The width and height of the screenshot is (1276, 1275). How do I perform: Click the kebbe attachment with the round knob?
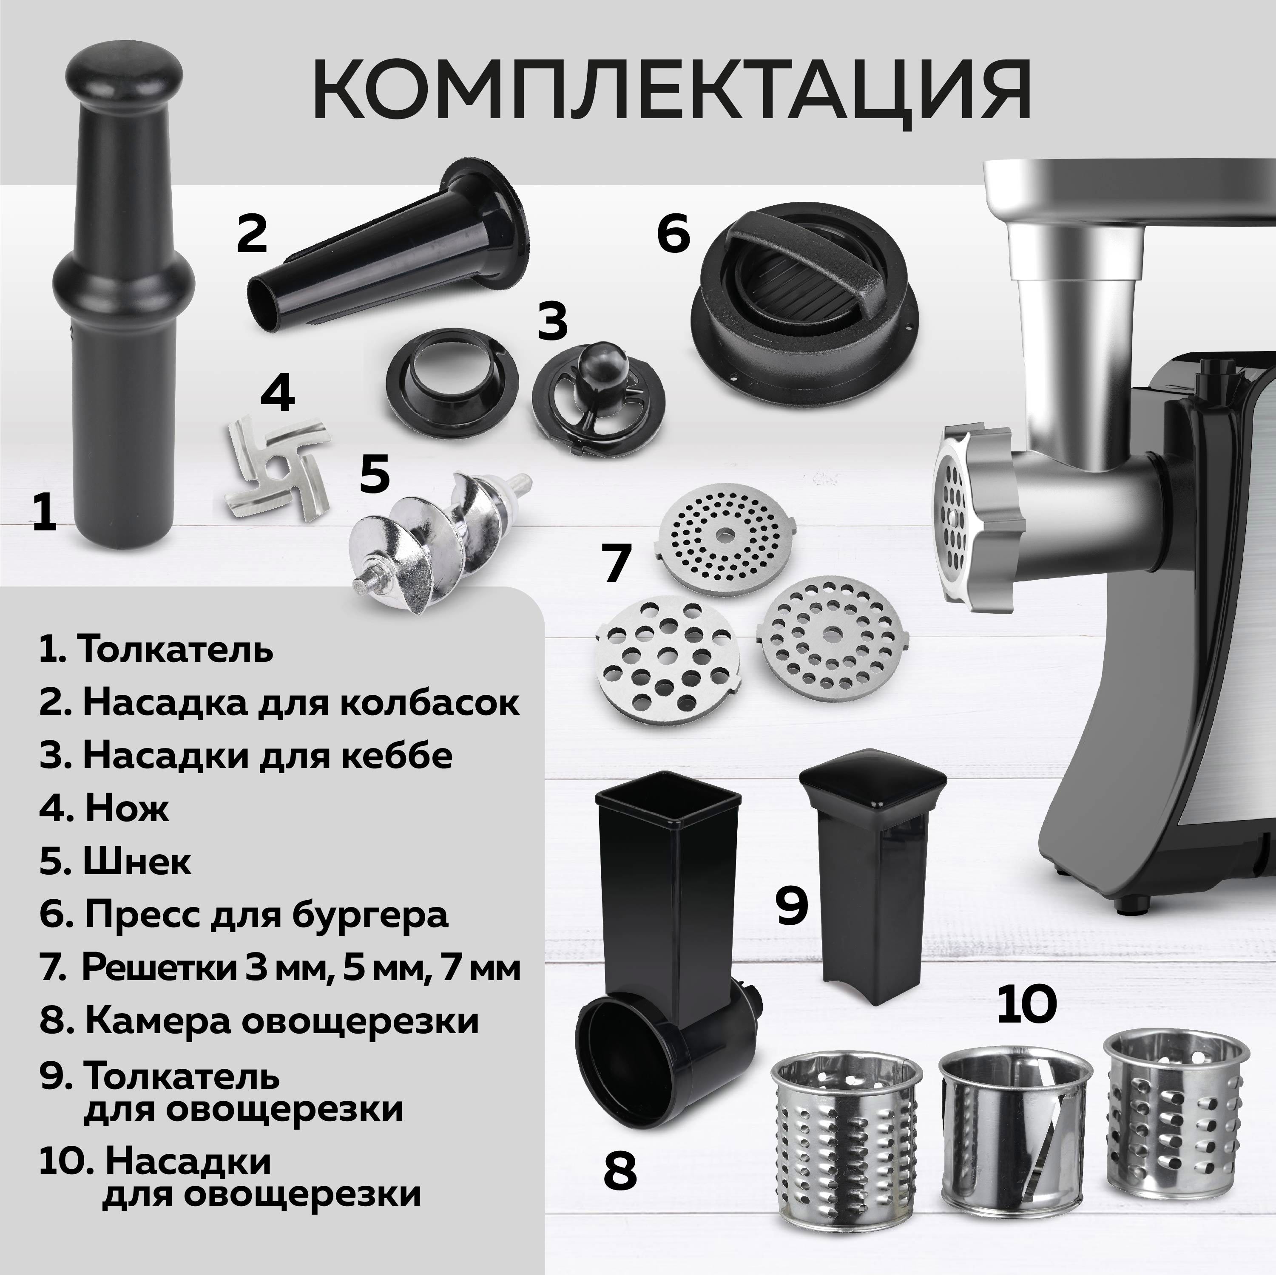coord(581,399)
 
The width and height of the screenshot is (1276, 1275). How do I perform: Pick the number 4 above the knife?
coord(277,394)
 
